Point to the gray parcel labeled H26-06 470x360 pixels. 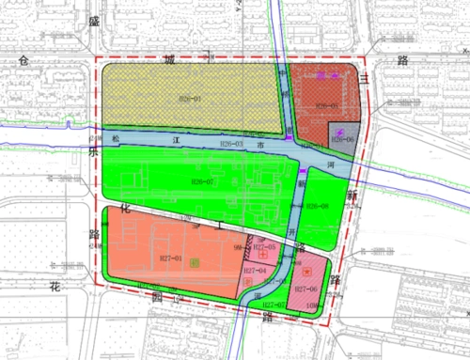pyautogui.click(x=339, y=138)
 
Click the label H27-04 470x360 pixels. pyautogui.click(x=254, y=271)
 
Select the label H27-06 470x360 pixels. pyautogui.click(x=307, y=290)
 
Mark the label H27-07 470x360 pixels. pyautogui.click(x=274, y=305)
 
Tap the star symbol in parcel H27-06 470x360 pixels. pyautogui.click(x=306, y=267)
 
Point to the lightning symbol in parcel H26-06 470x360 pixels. pyautogui.click(x=339, y=131)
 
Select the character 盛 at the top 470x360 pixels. pyautogui.click(x=92, y=20)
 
